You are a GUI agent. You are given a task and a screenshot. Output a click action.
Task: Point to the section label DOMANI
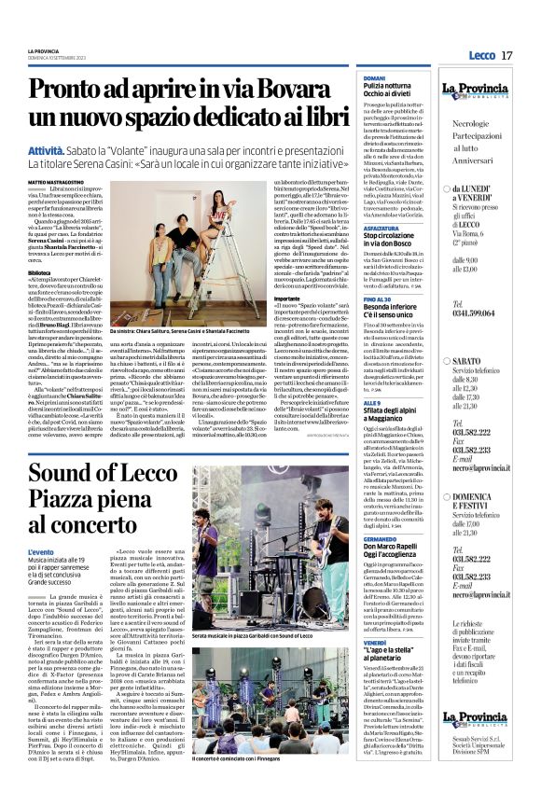[x=374, y=77]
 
